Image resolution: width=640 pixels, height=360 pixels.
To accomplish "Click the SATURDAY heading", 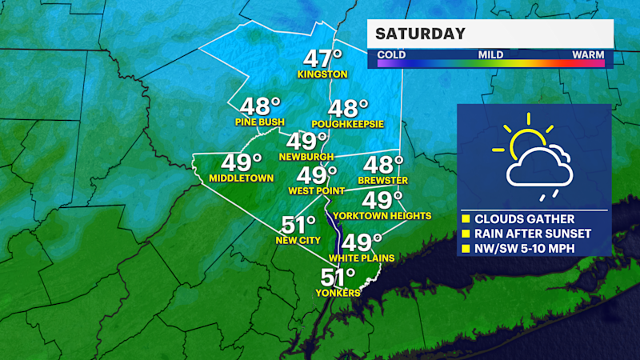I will [x=421, y=34].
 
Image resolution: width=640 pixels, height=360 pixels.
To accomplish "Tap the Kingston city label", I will [x=322, y=74].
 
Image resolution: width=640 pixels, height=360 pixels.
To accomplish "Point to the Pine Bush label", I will [x=260, y=122].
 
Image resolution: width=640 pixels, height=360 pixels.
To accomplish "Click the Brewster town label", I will [x=379, y=182].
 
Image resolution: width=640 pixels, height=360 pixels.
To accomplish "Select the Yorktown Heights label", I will [x=382, y=216].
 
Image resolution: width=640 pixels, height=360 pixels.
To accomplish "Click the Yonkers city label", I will [x=337, y=293].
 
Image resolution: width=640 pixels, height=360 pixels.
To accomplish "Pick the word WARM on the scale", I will [x=587, y=54].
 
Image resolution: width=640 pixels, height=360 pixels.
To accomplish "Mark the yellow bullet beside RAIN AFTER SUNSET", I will [x=465, y=234].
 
